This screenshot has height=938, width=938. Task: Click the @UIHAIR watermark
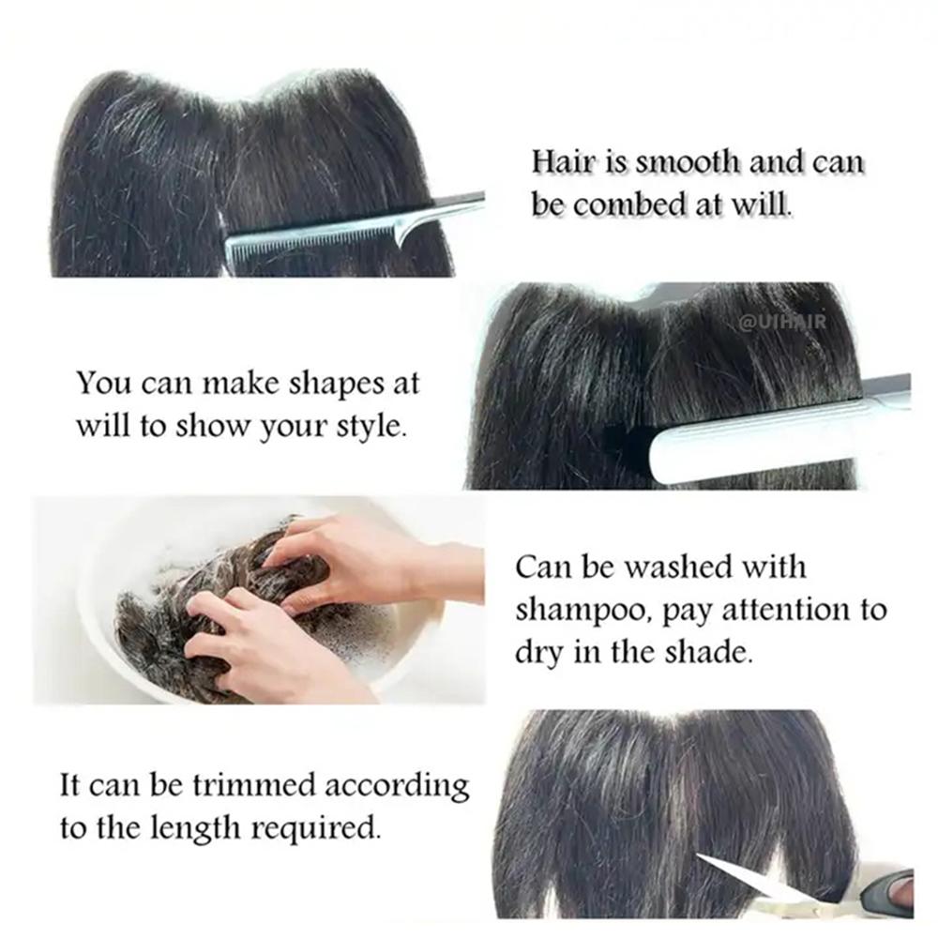click(783, 322)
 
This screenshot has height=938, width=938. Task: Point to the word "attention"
click(786, 611)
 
